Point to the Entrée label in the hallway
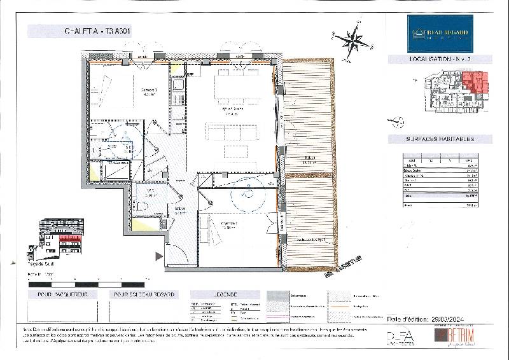pos(181,210)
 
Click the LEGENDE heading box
pos(226,294)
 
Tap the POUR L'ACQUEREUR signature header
pos(58,294)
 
